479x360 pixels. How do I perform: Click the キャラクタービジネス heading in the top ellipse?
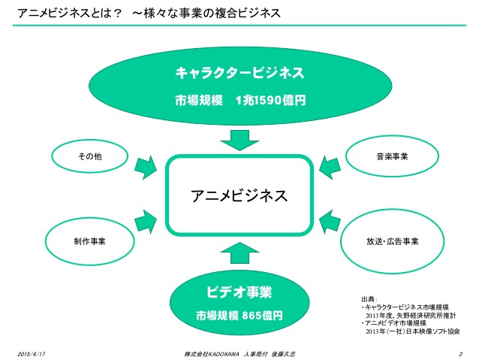tap(239, 73)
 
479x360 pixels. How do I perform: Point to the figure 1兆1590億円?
tap(271, 100)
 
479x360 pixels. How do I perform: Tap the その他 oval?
tap(89, 156)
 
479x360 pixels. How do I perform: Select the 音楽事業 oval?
tap(392, 156)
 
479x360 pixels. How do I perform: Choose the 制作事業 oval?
tap(89, 241)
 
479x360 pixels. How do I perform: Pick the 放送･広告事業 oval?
tap(392, 241)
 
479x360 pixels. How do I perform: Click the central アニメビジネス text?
tap(239, 195)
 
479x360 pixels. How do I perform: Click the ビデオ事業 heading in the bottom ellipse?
tap(239, 292)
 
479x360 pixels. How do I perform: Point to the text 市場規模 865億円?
tap(239, 316)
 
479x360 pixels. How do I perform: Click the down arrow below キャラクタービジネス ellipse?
tap(239, 141)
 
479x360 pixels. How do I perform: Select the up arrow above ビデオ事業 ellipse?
tap(239, 253)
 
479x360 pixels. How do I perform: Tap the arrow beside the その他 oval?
tap(146, 167)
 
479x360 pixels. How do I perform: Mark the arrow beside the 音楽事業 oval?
tap(330, 167)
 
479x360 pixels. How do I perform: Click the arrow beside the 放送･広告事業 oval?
tap(330, 222)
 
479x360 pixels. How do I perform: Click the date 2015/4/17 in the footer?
tap(32, 354)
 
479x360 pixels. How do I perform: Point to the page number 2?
tap(460, 354)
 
